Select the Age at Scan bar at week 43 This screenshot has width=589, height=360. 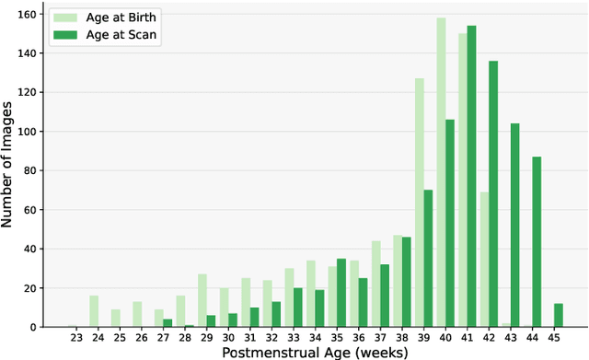pos(515,225)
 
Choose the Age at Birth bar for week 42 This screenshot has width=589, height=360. pos(485,259)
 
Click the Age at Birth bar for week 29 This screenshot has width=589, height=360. pos(202,300)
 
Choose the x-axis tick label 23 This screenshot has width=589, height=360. pos(76,338)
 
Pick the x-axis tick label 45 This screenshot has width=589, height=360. pos(556,338)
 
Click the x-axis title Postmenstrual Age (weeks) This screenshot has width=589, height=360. pos(316,352)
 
